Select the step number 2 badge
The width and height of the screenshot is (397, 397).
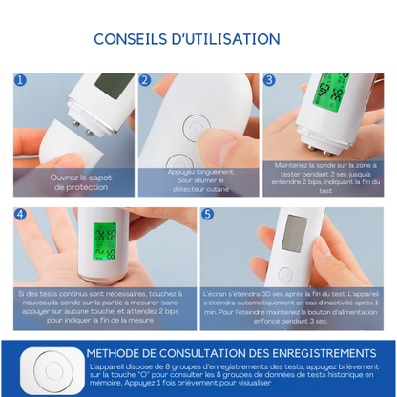click(146, 82)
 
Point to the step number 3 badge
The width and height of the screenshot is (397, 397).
click(270, 82)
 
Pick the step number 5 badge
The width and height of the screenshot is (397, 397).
click(208, 215)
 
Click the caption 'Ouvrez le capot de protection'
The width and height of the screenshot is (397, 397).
click(68, 181)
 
